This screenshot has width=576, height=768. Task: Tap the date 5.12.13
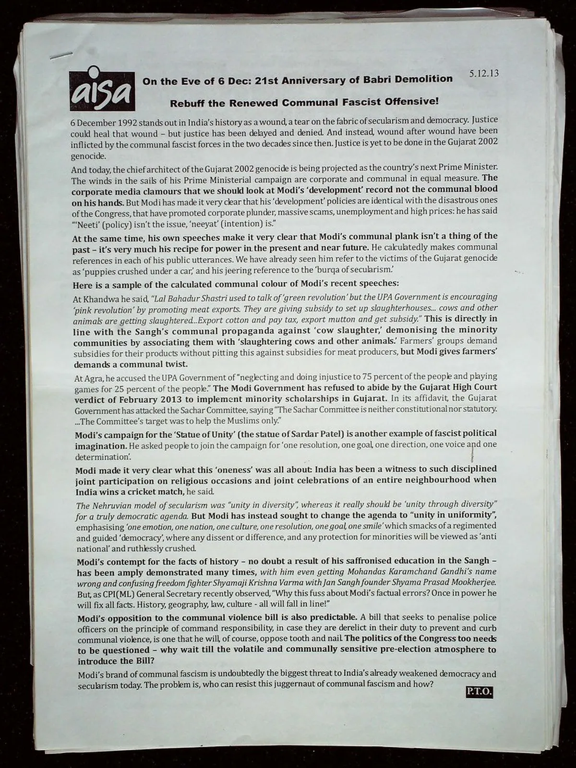click(x=484, y=73)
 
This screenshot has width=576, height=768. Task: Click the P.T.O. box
click(x=479, y=692)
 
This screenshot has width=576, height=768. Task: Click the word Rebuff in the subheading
click(x=186, y=103)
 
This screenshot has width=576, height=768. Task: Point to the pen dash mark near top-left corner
click(x=61, y=55)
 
